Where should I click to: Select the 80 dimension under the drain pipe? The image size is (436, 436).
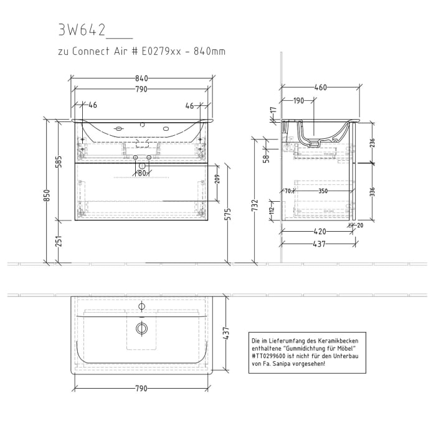coord(142,173)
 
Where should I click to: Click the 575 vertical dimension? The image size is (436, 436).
coord(228,214)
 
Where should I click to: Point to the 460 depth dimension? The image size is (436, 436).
coord(320,88)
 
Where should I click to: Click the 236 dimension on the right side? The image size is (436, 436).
coord(372,142)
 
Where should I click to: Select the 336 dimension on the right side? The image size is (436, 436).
coord(372,191)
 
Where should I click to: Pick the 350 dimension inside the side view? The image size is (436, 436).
coord(323,191)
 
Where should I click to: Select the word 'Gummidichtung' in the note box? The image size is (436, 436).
coord(311,349)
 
